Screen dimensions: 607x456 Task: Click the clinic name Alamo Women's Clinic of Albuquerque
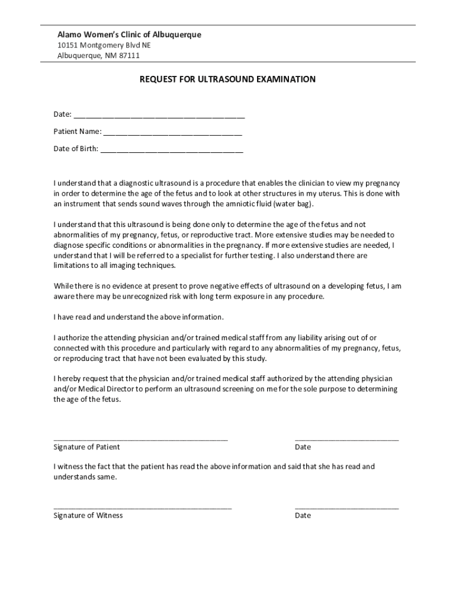pyautogui.click(x=129, y=35)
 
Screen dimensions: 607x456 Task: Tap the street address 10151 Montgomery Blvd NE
pyautogui.click(x=104, y=46)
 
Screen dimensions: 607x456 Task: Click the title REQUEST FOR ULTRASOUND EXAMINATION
pyautogui.click(x=227, y=79)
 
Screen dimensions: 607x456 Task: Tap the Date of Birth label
pyautogui.click(x=76, y=149)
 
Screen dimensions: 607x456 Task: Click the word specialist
pyautogui.click(x=218, y=255)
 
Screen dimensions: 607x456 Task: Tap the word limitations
pyautogui.click(x=73, y=266)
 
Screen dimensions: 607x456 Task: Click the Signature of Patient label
pyautogui.click(x=86, y=447)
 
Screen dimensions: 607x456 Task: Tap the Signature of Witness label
pyautogui.click(x=88, y=516)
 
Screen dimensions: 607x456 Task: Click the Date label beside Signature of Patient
pyautogui.click(x=303, y=447)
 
